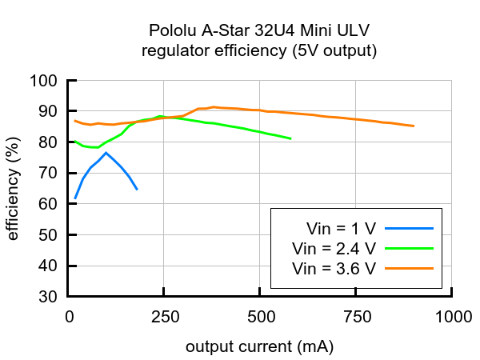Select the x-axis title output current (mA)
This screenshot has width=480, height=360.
[x=259, y=347]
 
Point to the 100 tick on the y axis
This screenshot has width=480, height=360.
[x=46, y=81]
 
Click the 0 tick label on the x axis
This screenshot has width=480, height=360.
[x=70, y=316]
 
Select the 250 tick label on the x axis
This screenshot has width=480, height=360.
[x=165, y=316]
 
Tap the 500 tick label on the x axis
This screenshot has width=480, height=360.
[x=261, y=316]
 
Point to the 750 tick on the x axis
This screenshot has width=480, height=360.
[x=356, y=316]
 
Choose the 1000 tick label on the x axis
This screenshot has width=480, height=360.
[x=452, y=316]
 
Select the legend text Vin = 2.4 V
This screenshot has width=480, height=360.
[x=334, y=247]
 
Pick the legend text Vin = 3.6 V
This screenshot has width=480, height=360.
[x=334, y=268]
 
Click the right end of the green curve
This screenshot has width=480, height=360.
[x=290, y=139]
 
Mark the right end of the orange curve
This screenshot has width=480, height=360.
[x=414, y=126]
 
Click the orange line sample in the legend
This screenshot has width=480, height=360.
[x=410, y=268]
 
